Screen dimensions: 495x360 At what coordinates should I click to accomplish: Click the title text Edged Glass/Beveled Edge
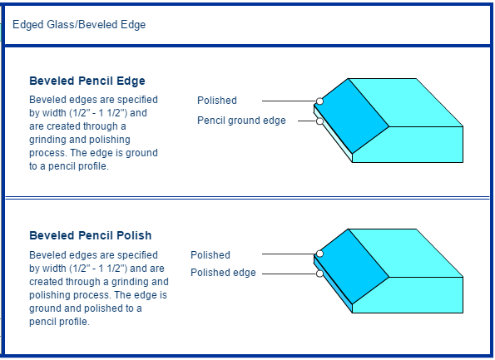79,25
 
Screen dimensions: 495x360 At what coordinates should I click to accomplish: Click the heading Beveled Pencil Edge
87,81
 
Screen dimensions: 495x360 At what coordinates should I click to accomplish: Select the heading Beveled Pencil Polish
91,235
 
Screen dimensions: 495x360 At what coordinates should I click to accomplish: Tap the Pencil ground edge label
241,121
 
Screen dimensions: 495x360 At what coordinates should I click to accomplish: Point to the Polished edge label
223,273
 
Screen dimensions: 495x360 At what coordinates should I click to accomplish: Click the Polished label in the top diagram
217,101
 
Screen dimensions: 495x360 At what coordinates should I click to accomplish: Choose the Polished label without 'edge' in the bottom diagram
210,255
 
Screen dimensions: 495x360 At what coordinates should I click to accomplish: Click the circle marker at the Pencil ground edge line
319,121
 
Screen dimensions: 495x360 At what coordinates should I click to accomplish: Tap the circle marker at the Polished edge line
319,274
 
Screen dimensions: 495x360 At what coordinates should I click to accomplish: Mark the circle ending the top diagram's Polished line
319,101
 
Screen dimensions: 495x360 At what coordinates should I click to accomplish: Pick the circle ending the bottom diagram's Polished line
319,254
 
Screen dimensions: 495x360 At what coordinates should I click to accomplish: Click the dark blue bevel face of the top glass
352,116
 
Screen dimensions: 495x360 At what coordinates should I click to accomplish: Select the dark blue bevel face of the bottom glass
352,267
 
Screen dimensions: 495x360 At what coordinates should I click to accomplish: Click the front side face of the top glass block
408,145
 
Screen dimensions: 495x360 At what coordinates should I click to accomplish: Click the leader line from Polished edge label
289,274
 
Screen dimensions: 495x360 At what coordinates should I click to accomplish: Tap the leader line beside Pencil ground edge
307,121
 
